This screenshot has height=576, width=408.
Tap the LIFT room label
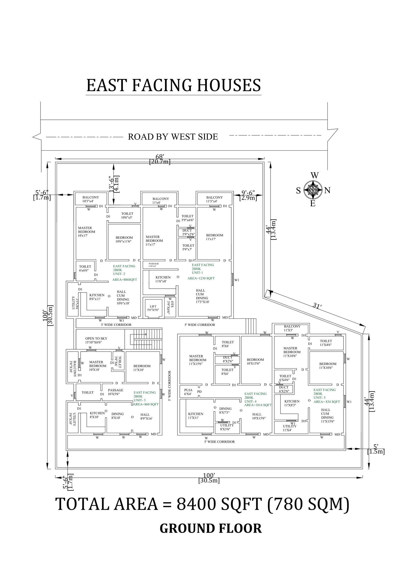pos(153,308)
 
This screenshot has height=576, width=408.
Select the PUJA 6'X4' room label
pos(188,392)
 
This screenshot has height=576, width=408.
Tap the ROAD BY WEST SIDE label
pos(173,137)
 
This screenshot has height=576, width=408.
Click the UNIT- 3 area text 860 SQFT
pos(146,404)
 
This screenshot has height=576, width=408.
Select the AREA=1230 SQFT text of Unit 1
pos(201,278)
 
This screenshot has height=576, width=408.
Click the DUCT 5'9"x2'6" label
pos(188,232)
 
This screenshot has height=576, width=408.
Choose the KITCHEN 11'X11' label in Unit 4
pos(196,416)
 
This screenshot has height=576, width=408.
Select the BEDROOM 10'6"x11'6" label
pos(124,239)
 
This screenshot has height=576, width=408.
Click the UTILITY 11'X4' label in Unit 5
pos(290,428)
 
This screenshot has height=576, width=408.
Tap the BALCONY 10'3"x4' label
pos(91,199)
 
